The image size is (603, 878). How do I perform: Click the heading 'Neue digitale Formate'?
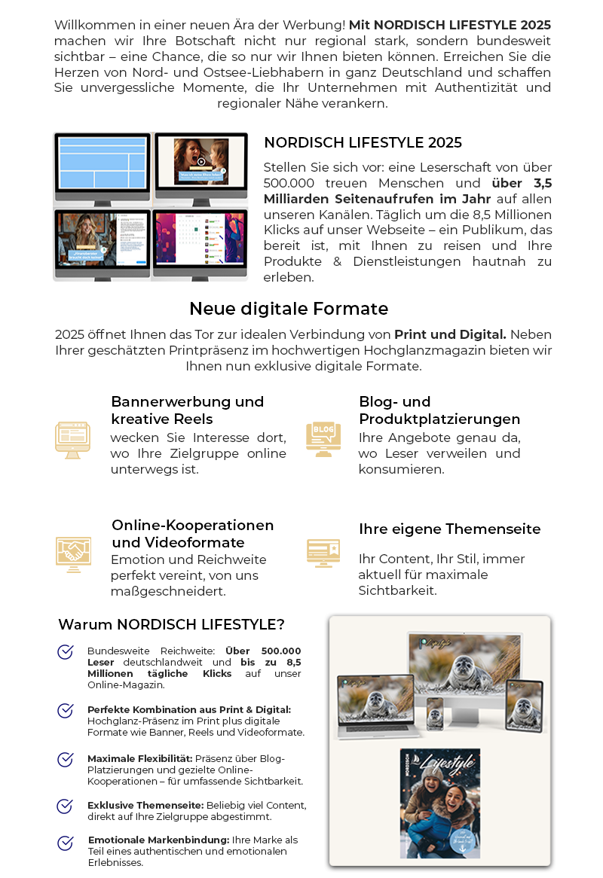[x=289, y=309]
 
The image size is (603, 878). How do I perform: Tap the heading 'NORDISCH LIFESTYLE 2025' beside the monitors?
[x=363, y=142]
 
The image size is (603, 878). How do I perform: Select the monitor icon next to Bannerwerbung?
[x=72, y=440]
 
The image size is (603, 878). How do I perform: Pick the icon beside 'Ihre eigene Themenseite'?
[x=323, y=552]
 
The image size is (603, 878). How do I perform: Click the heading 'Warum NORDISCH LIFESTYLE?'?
[x=171, y=624]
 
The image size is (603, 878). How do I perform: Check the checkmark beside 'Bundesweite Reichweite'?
[x=66, y=652]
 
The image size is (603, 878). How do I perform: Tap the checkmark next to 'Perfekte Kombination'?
[x=66, y=711]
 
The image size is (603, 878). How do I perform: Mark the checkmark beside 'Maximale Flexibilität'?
[x=66, y=759]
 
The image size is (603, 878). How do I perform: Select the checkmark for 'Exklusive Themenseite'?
[x=66, y=806]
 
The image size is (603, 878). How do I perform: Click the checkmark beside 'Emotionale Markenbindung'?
[x=66, y=843]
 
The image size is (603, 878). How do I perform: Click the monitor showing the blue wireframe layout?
[x=103, y=167]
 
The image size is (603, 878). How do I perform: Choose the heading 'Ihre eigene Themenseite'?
[x=449, y=529]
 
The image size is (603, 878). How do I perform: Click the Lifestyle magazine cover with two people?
[x=440, y=803]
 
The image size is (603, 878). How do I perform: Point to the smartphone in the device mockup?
[x=435, y=712]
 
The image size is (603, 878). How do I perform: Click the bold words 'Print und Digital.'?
[x=450, y=334]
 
